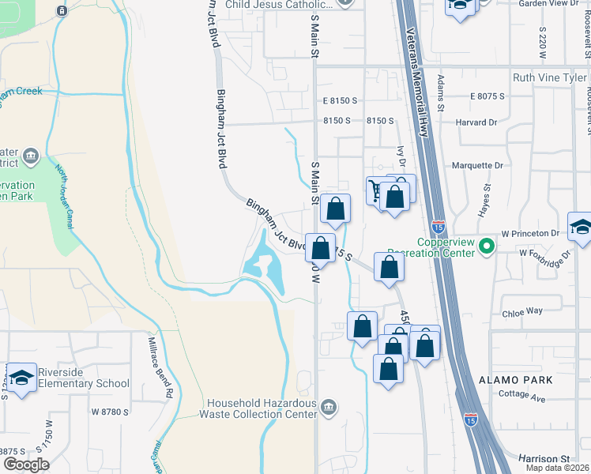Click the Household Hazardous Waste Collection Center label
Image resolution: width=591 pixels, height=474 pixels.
click(258, 408)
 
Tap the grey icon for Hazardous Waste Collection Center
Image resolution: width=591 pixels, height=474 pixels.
click(329, 408)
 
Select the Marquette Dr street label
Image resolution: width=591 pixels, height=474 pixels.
click(477, 166)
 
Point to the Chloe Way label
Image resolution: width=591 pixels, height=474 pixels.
click(522, 312)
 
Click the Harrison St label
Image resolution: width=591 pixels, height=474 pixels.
click(544, 458)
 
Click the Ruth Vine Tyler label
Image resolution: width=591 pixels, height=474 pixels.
click(550, 77)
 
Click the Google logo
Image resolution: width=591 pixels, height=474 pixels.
click(25, 465)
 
